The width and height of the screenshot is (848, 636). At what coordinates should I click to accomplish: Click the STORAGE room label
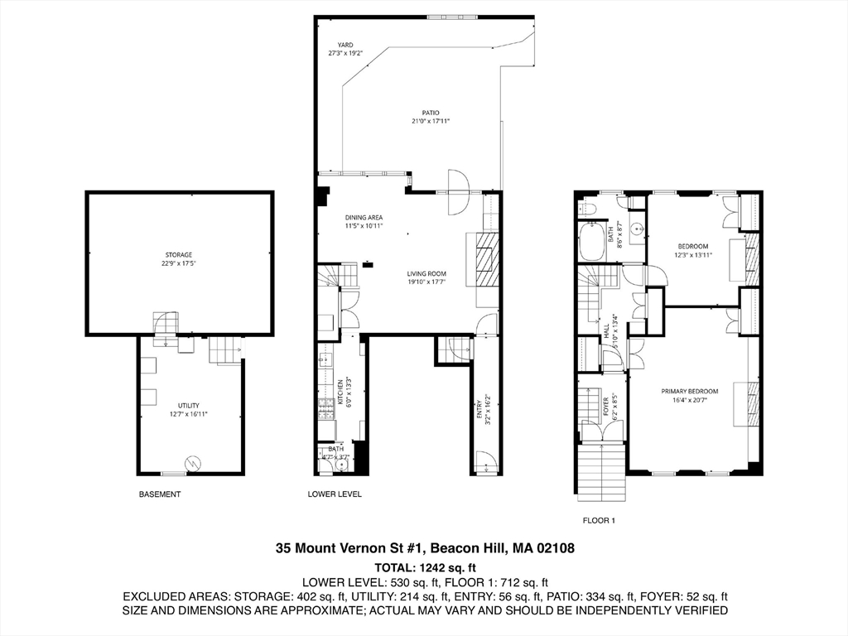coord(178,254)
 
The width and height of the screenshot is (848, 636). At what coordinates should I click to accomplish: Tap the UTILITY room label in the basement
coord(189,405)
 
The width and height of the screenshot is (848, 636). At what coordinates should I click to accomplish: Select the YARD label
coord(344,45)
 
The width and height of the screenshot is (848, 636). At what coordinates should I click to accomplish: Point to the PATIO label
coord(430,113)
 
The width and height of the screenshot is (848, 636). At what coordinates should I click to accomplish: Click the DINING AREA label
coord(364,217)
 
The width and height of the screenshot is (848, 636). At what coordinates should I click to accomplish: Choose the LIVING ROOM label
coord(426,273)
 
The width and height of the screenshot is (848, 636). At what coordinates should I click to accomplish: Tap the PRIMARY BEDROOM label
coord(689,391)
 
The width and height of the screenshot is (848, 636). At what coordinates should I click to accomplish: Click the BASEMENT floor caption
coord(160,494)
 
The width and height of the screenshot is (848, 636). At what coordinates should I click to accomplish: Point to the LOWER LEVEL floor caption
coord(335,494)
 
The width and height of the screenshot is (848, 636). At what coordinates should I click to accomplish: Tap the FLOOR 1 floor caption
coord(599,520)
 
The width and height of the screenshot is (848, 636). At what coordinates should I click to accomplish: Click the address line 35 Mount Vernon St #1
coord(425,548)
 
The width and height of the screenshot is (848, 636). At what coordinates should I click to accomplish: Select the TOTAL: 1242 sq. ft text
coord(425,568)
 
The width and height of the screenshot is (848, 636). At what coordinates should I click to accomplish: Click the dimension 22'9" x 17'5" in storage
coord(178,263)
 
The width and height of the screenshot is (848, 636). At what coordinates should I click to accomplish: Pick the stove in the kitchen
coord(325,408)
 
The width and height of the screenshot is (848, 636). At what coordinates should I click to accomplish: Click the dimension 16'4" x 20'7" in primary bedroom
coord(689,400)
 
